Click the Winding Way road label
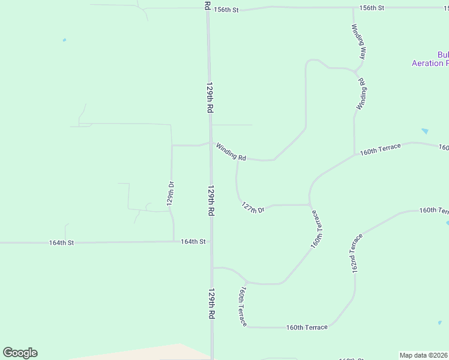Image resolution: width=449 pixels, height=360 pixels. click(360, 41)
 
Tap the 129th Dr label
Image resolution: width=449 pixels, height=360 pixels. click(170, 193)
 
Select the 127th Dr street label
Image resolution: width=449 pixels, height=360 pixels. click(253, 207)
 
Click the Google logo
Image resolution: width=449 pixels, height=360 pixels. click(20, 353)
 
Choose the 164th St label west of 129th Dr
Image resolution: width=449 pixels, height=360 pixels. click(61, 243)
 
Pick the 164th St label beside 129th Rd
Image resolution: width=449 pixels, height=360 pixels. click(193, 242)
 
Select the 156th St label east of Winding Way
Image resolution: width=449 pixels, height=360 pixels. click(372, 8)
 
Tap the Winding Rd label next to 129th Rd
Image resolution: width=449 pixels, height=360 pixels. click(231, 151)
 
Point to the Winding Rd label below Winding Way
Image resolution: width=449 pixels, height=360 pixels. click(361, 94)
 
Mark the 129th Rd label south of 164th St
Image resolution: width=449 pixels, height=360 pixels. click(212, 304)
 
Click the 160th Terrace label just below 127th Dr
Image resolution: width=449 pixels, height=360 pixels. click(317, 229)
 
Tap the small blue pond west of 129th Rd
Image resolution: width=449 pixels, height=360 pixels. click(64, 40)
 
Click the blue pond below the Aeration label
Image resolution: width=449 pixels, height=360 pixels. click(425, 131)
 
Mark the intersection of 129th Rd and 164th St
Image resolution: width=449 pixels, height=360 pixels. click(211, 242)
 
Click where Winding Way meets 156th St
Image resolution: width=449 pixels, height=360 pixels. click(353, 8)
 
